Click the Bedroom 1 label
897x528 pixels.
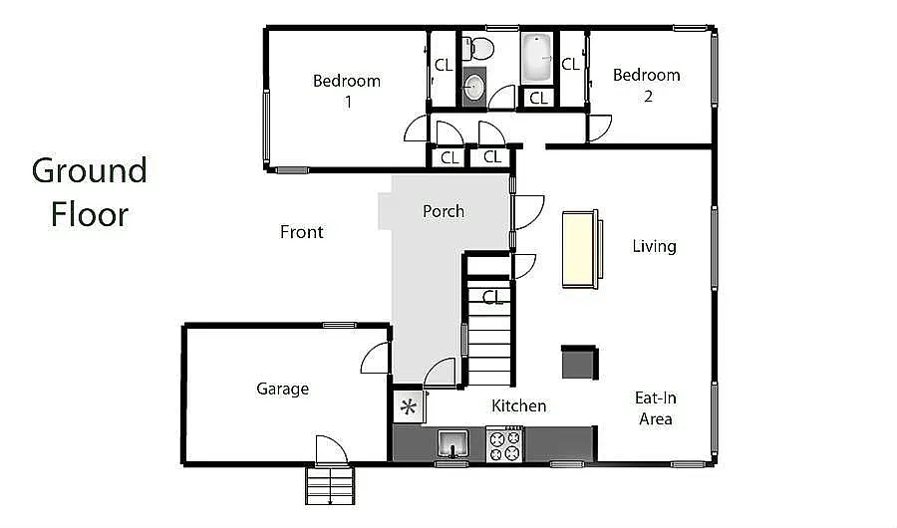coord(347,91)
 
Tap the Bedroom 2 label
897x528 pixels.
coord(647,85)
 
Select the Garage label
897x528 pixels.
coord(282,389)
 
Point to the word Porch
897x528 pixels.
coord(444,211)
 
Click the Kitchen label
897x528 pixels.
coord(519,405)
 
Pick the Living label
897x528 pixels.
coord(654,246)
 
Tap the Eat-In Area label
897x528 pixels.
coord(656,407)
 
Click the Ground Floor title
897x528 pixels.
coord(90,191)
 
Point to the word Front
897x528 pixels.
coord(301,232)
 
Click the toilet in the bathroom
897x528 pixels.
coord(481,47)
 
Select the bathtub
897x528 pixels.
coord(538,58)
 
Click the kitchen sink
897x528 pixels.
coord(451,441)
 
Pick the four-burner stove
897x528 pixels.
coord(504,443)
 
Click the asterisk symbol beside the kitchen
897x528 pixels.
coord(408,406)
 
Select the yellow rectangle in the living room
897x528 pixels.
coord(580,248)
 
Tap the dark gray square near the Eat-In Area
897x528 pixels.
coord(579,362)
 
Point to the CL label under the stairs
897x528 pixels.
coord(492,297)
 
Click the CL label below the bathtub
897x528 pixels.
coord(538,98)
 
